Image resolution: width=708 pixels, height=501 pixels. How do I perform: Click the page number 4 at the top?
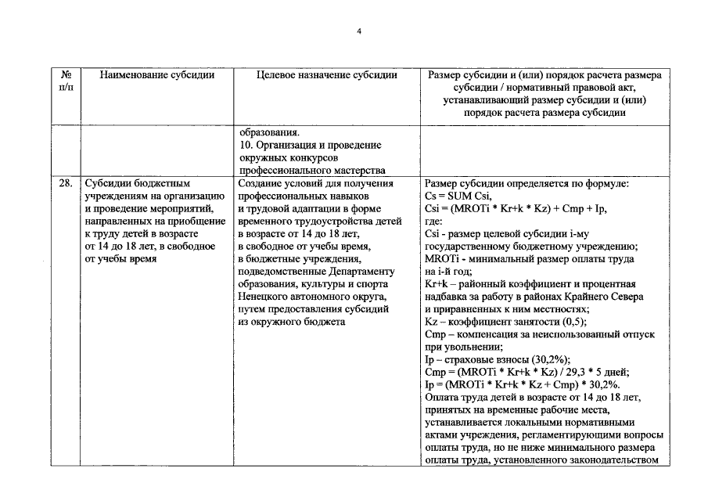point(358,31)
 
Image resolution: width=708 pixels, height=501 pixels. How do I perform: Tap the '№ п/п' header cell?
point(66,81)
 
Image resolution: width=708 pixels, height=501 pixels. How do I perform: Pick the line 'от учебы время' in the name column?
point(120,259)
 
